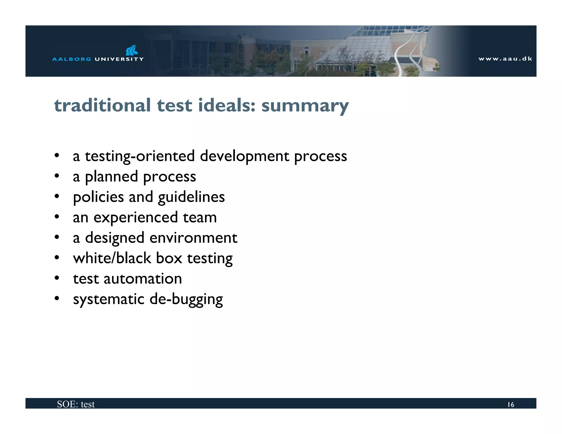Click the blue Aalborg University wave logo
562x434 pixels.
(x=131, y=50)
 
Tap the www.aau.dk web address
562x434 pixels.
(x=505, y=59)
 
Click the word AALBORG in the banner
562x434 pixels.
(x=72, y=59)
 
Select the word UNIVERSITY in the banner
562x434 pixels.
(x=119, y=59)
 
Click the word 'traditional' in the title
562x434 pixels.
(x=102, y=105)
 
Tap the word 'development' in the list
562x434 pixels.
(x=245, y=156)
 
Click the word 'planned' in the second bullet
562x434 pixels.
(x=111, y=177)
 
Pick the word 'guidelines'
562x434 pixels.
(x=191, y=197)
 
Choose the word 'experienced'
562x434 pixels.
(x=136, y=218)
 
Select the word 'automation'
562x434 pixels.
(x=143, y=279)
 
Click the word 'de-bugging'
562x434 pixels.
(x=186, y=299)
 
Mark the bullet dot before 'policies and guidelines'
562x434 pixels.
(x=57, y=196)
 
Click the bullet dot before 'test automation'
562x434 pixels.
(x=57, y=278)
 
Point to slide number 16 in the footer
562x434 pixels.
(x=510, y=405)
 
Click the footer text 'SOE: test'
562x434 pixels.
(x=76, y=404)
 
